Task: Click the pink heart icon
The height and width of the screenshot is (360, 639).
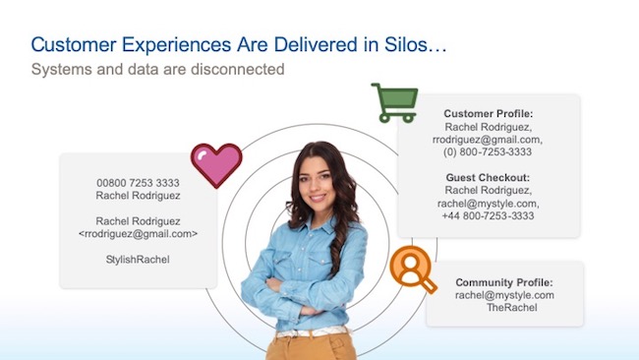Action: click(x=215, y=165)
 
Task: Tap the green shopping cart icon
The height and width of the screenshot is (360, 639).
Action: click(x=392, y=103)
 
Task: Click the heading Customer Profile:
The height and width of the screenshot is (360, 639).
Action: click(x=489, y=113)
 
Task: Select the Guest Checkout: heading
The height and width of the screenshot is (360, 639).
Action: click(x=489, y=177)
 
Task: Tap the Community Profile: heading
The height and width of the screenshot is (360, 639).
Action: click(x=504, y=281)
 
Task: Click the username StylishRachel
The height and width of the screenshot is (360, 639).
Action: click(x=138, y=260)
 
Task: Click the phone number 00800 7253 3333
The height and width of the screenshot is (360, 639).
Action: click(x=138, y=183)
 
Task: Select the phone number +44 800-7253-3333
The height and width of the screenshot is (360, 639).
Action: click(x=488, y=215)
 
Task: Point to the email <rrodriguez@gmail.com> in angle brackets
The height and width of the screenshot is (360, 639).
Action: click(x=138, y=234)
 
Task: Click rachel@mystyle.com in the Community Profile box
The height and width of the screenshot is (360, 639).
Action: click(x=504, y=295)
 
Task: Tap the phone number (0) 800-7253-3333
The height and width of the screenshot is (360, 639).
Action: click(x=489, y=152)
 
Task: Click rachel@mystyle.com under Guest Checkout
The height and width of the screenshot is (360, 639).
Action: click(x=489, y=203)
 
